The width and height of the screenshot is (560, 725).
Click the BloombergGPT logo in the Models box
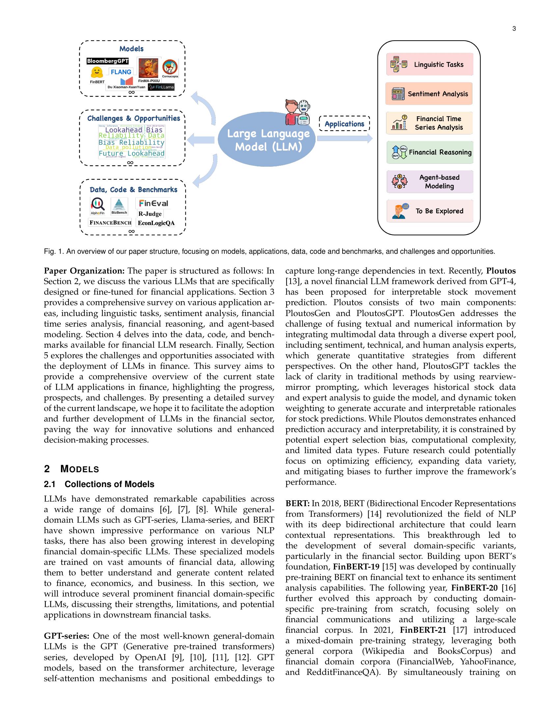pos(107,61)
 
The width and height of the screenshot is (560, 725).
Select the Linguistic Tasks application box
pos(429,64)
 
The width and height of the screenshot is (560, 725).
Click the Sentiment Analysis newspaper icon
pos(398,94)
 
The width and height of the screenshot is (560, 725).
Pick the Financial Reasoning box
pos(429,152)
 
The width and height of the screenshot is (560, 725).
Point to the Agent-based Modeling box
pos(429,182)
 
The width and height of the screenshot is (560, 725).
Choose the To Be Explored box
pos(429,211)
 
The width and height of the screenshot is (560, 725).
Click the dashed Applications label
pos(344,124)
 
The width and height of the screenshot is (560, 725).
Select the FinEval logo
pos(153,203)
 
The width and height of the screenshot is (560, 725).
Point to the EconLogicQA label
pos(156,223)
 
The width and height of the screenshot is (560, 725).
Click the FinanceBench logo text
pos(110,223)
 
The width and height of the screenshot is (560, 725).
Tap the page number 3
pos(514,29)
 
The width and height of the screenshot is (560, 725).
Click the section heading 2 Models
pos(72,469)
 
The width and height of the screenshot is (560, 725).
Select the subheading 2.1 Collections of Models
pos(99,484)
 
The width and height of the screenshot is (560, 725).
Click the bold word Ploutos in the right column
pos(501,271)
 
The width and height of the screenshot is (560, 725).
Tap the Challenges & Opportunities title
pos(133,119)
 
